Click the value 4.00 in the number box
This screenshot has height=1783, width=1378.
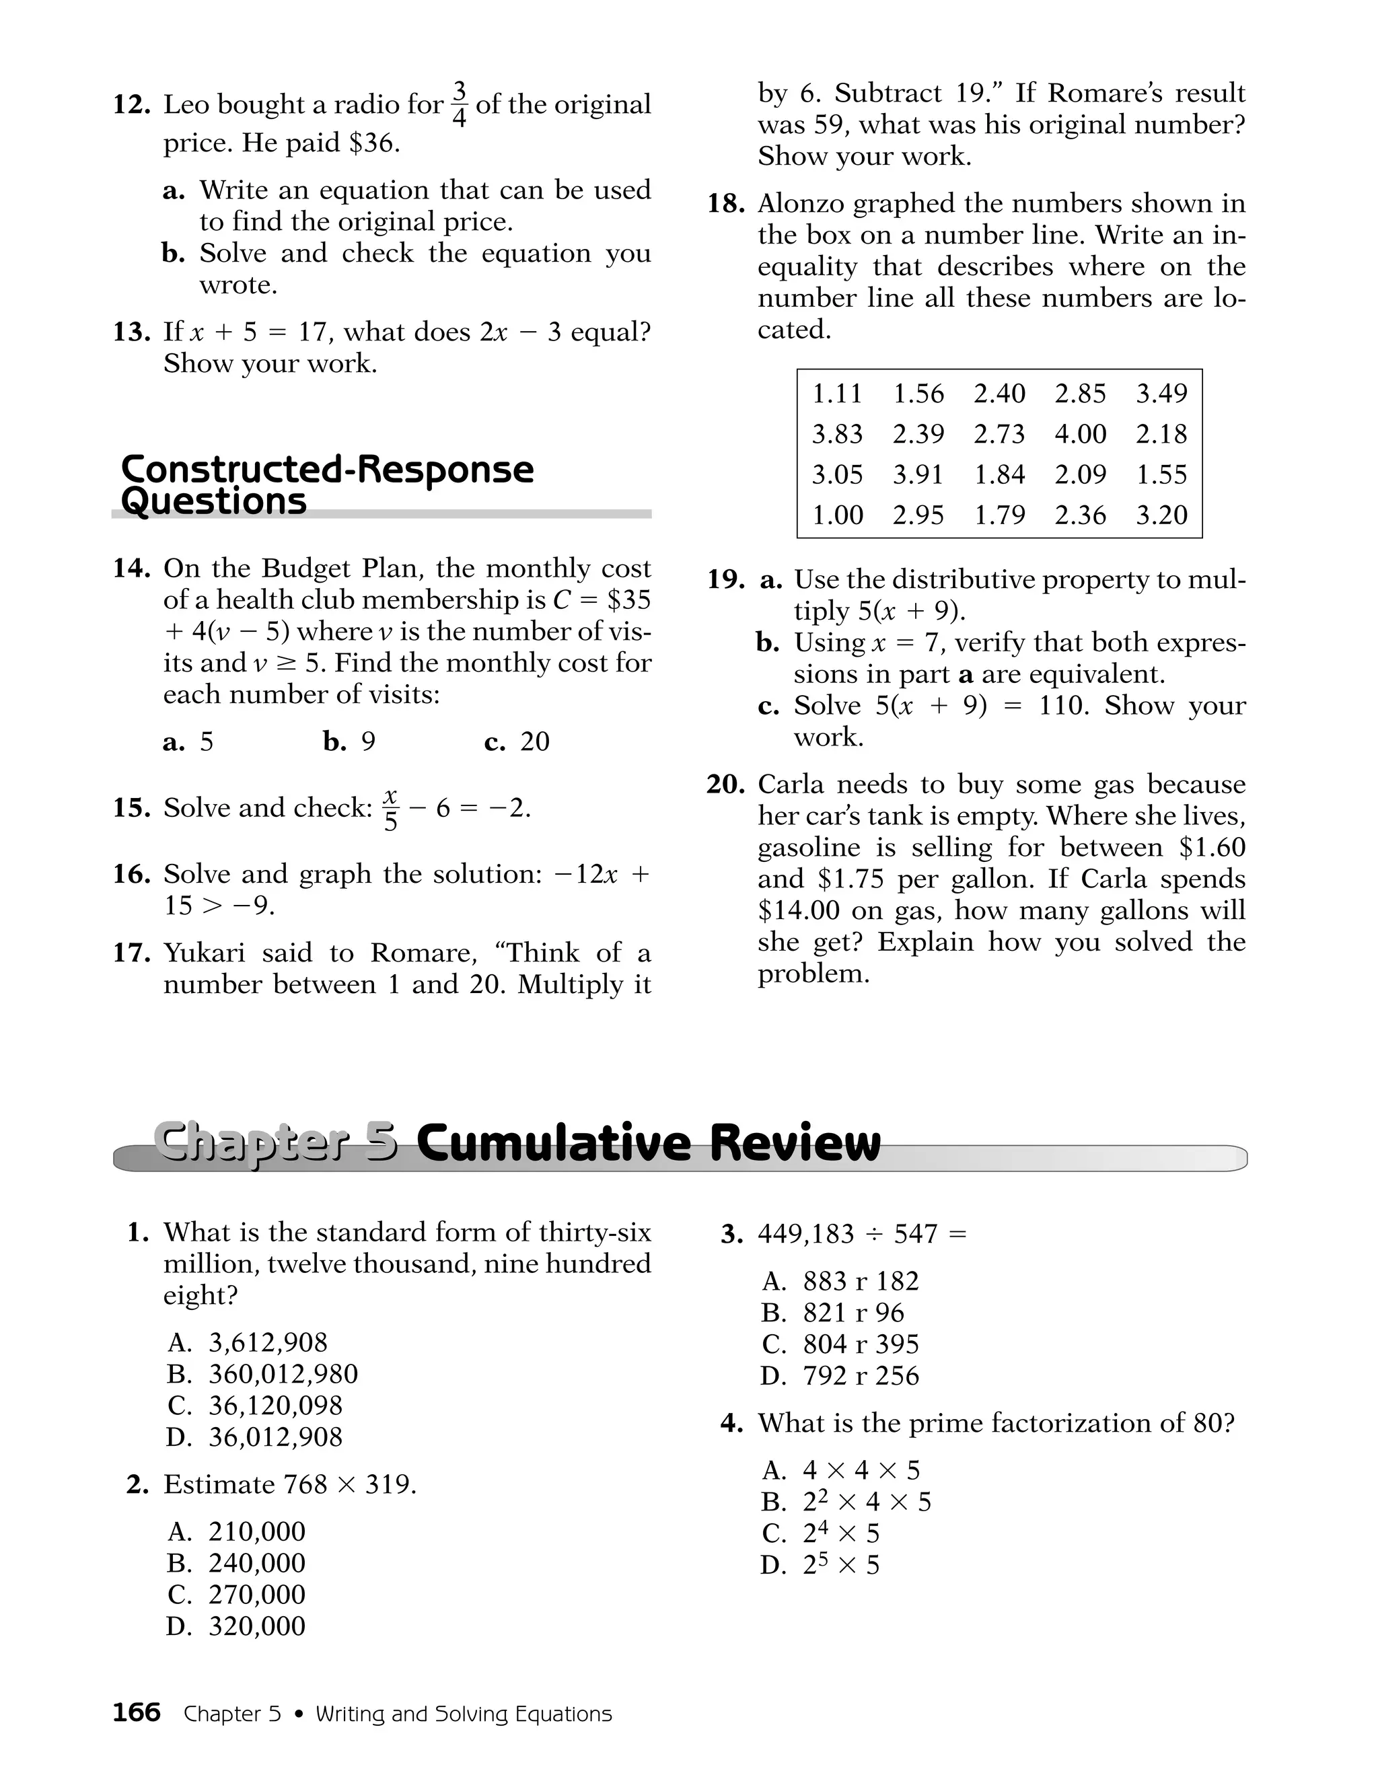point(1080,433)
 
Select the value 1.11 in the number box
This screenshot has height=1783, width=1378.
point(837,394)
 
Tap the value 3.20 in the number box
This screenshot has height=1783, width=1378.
point(1161,515)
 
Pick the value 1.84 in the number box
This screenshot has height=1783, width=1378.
point(999,474)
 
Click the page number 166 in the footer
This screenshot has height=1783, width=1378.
point(137,1712)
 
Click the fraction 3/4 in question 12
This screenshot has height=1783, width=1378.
point(460,104)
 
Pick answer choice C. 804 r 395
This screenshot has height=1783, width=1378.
point(860,1344)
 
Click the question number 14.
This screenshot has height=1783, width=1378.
point(131,569)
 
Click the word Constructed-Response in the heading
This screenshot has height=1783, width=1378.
point(326,470)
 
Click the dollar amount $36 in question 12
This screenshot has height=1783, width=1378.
point(372,143)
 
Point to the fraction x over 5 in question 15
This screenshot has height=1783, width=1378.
point(391,808)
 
